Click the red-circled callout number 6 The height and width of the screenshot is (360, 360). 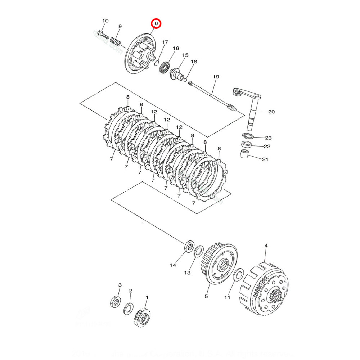[x=156, y=23]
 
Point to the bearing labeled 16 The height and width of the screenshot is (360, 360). [x=165, y=67]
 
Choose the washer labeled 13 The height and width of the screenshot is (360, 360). [x=198, y=252]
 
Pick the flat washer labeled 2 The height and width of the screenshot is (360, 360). [x=128, y=308]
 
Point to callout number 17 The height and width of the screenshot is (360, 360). [x=165, y=42]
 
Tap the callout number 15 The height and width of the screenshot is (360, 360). [x=185, y=55]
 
